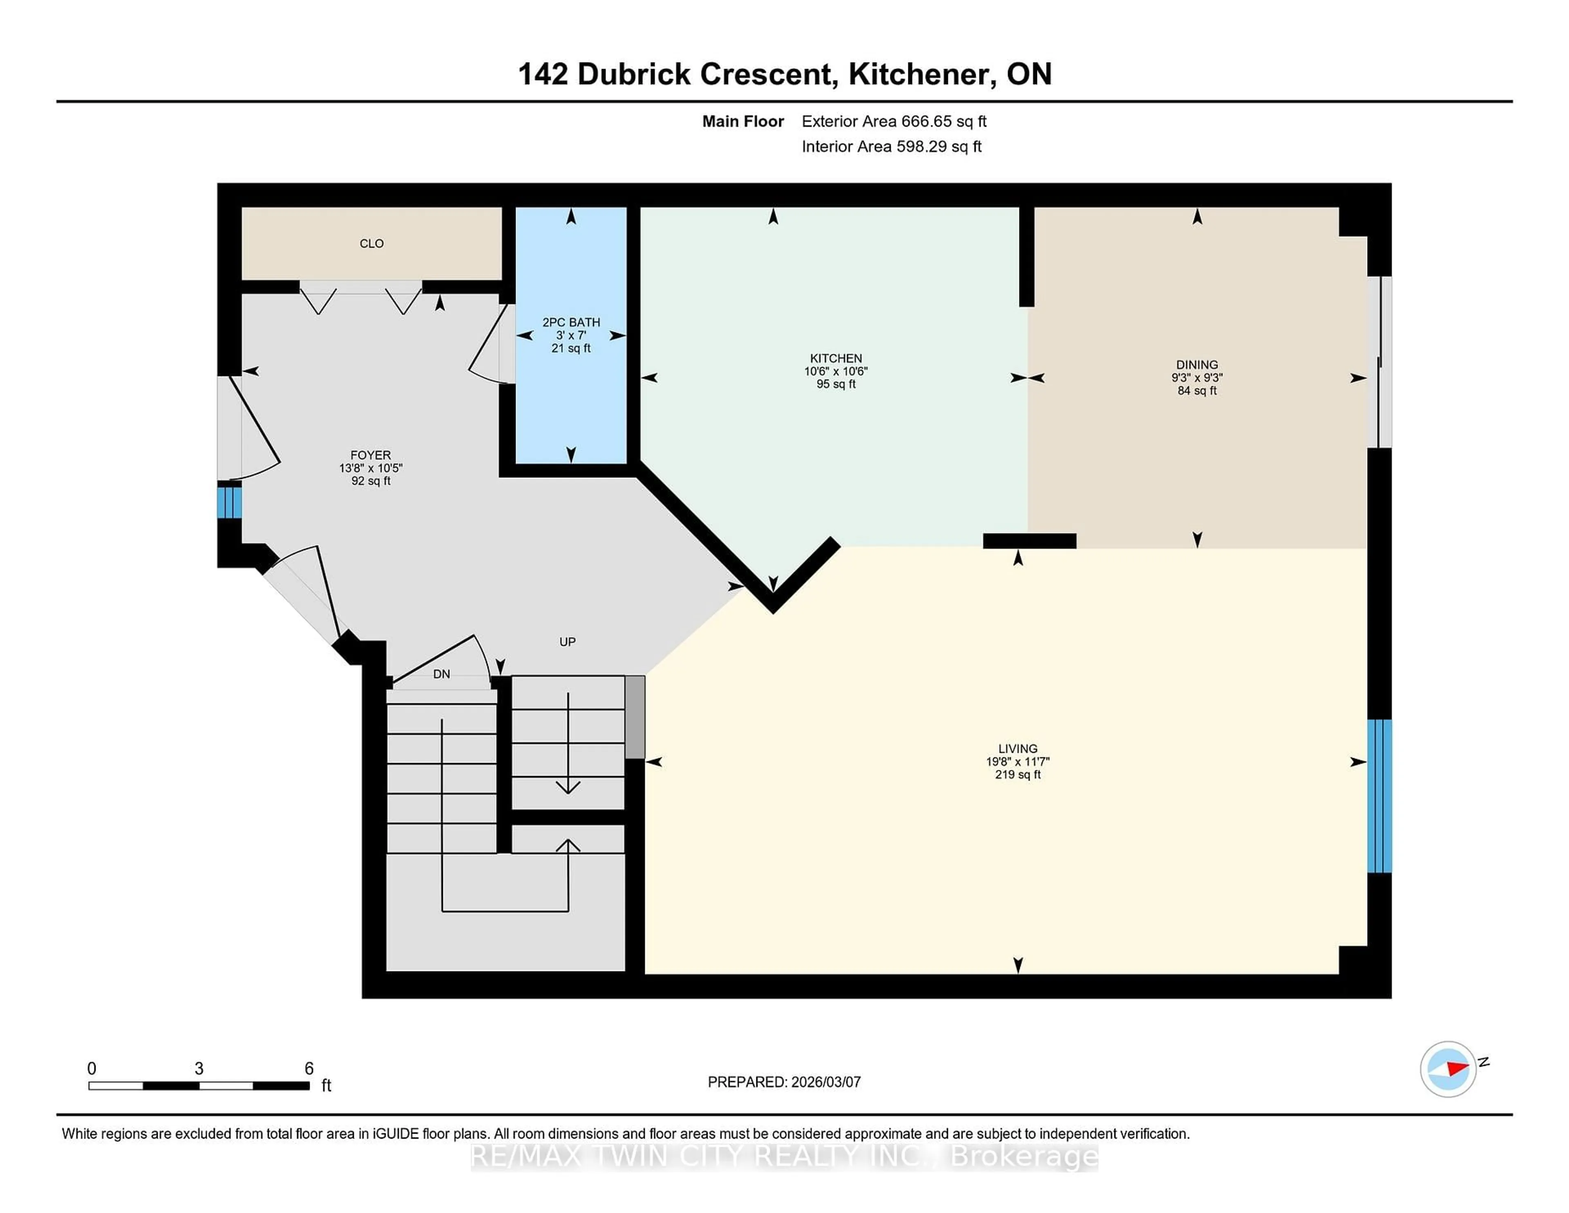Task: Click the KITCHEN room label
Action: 836,358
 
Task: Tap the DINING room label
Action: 1197,364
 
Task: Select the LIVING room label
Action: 1017,748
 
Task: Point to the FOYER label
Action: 371,455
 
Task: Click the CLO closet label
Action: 371,244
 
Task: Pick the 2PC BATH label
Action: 571,322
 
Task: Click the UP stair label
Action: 568,642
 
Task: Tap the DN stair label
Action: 441,674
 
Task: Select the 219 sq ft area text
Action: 1017,774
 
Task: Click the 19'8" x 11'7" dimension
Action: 1017,762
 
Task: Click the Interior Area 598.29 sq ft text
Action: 892,147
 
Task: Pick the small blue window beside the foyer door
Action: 229,502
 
